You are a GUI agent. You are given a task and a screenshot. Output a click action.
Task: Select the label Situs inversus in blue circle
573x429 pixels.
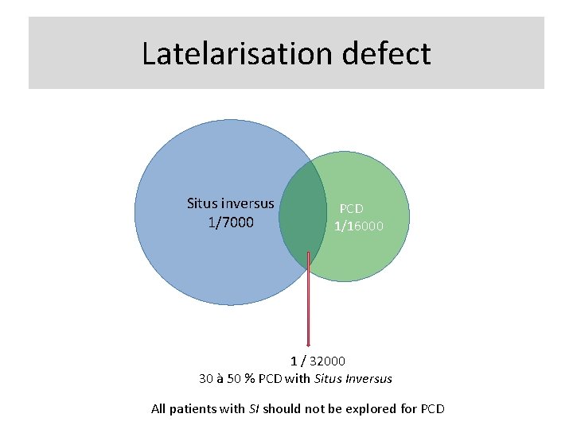click(230, 203)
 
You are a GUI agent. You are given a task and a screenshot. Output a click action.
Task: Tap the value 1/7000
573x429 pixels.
click(230, 222)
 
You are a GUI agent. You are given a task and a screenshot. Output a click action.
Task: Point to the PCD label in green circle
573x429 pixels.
click(351, 208)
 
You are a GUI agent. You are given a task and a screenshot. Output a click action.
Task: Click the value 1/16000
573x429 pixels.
click(358, 226)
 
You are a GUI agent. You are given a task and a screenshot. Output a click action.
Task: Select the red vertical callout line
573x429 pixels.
click(308, 302)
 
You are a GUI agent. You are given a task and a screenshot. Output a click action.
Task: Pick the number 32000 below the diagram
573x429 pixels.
click(328, 361)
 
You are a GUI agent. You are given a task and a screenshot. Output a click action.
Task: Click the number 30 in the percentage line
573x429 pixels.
click(205, 379)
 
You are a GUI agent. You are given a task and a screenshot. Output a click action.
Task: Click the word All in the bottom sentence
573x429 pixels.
click(159, 409)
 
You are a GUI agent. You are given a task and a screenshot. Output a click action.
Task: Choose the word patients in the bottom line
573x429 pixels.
click(195, 409)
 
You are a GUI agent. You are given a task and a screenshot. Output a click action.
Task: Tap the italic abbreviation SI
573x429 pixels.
click(253, 409)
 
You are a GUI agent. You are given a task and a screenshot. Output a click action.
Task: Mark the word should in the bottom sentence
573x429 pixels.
click(282, 409)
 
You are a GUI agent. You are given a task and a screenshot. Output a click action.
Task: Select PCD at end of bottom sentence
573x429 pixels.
click(432, 409)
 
